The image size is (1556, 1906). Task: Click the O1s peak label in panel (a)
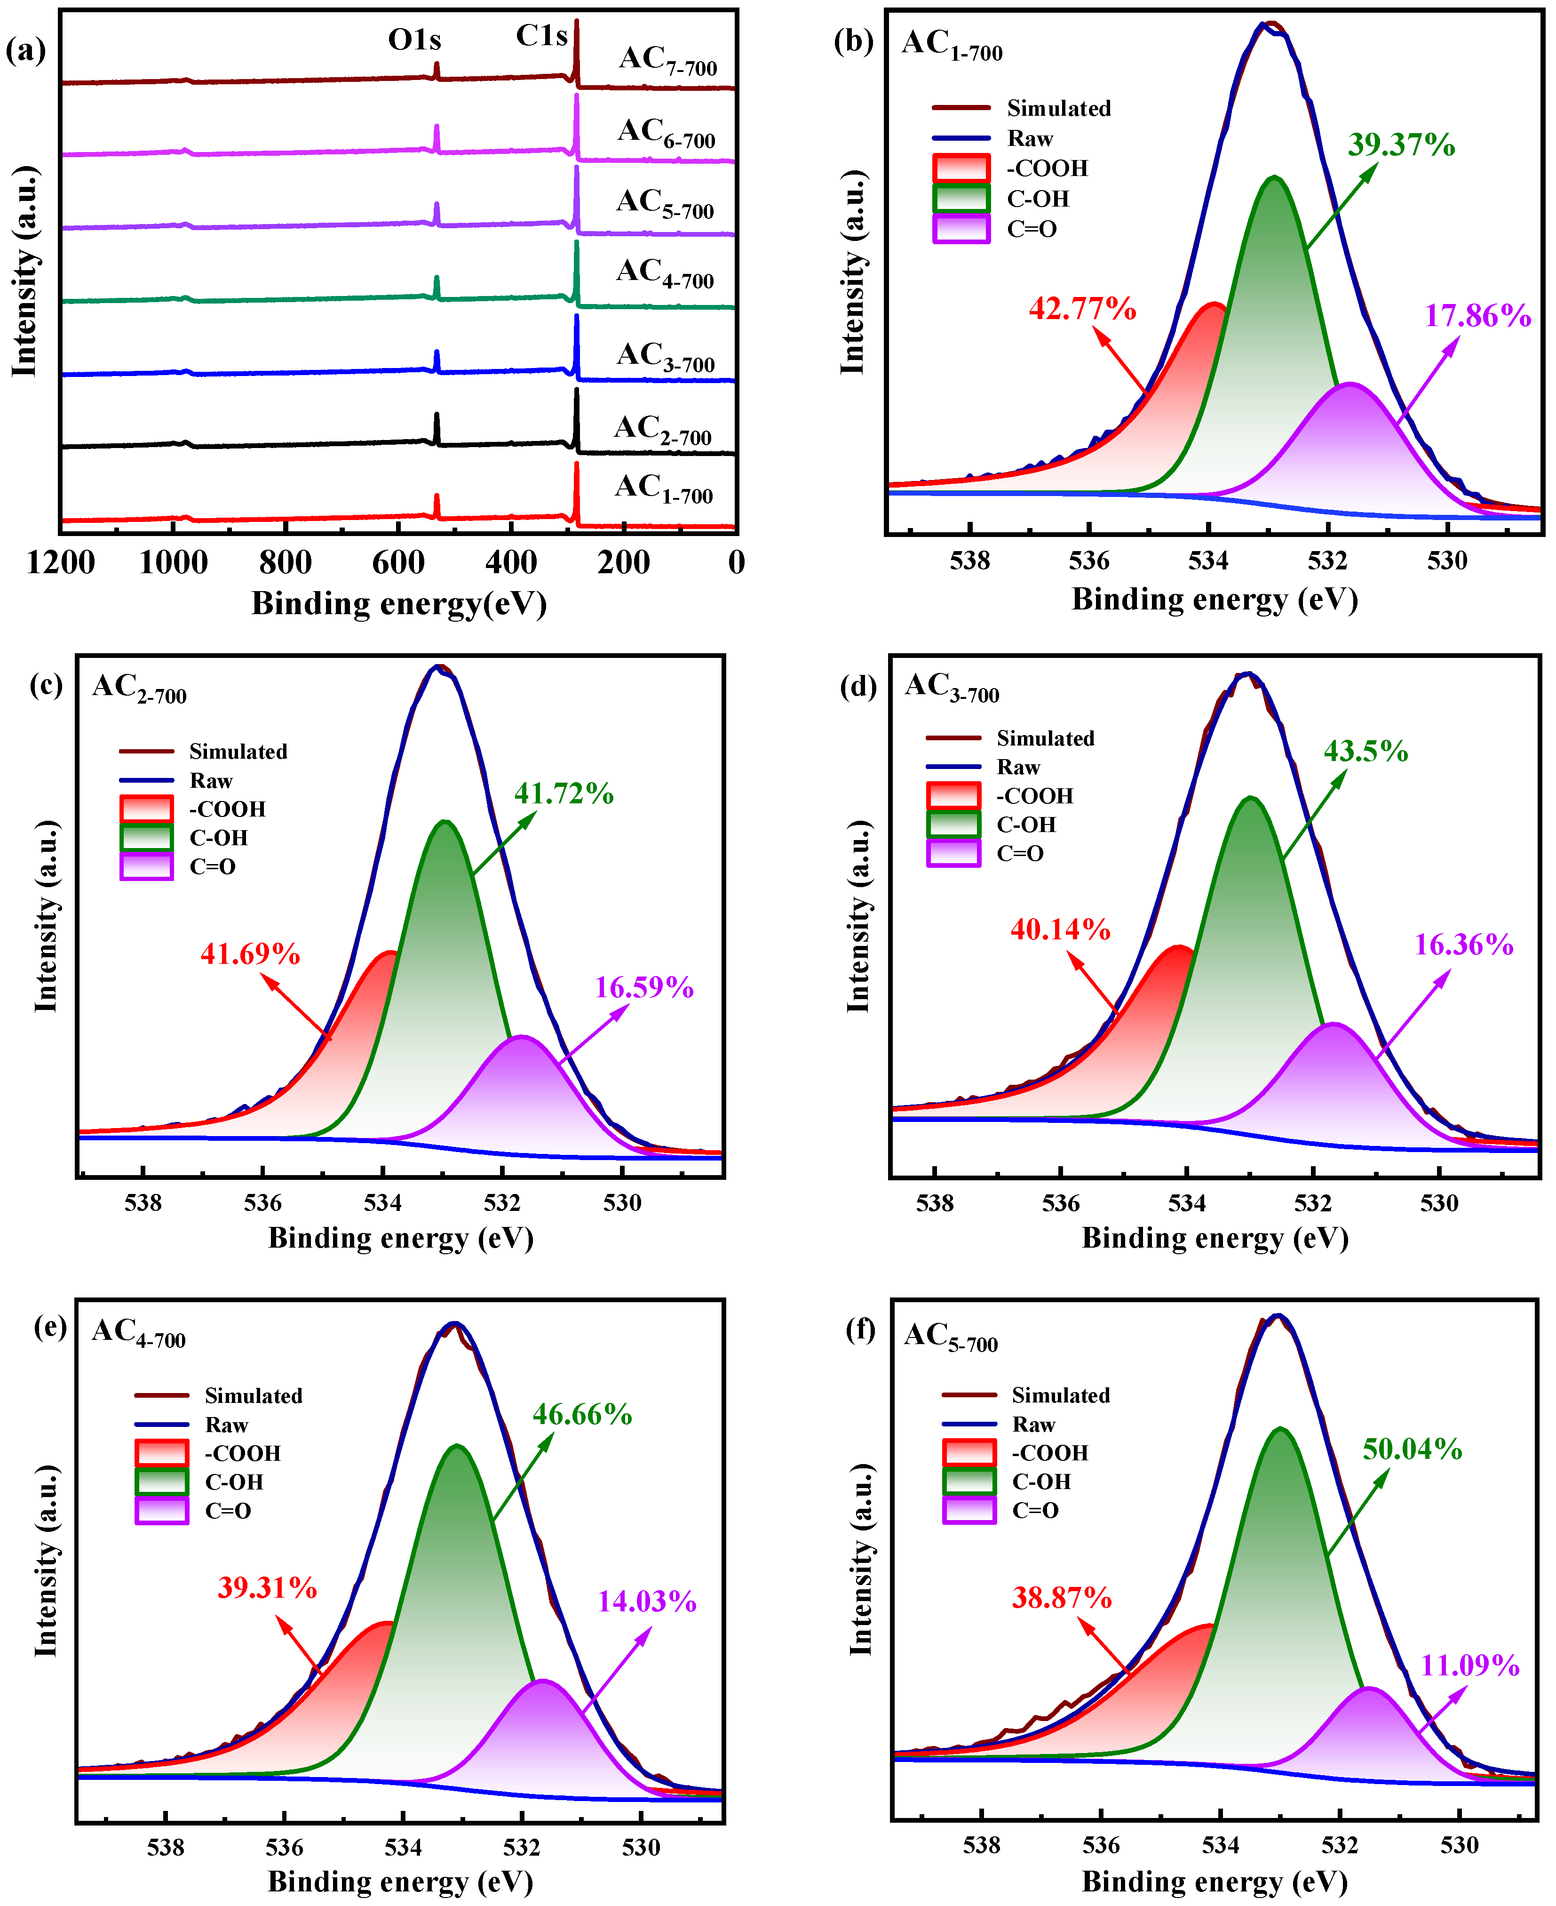tap(414, 40)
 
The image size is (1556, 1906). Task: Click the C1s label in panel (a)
tap(541, 36)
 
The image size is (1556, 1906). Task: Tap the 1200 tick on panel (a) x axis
tap(61, 563)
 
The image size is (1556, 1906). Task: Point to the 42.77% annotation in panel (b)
tap(1082, 309)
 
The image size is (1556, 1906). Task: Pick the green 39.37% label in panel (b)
tap(1401, 145)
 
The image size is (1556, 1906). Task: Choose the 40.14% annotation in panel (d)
tap(1060, 929)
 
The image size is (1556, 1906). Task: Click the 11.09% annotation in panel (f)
tap(1470, 1666)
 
